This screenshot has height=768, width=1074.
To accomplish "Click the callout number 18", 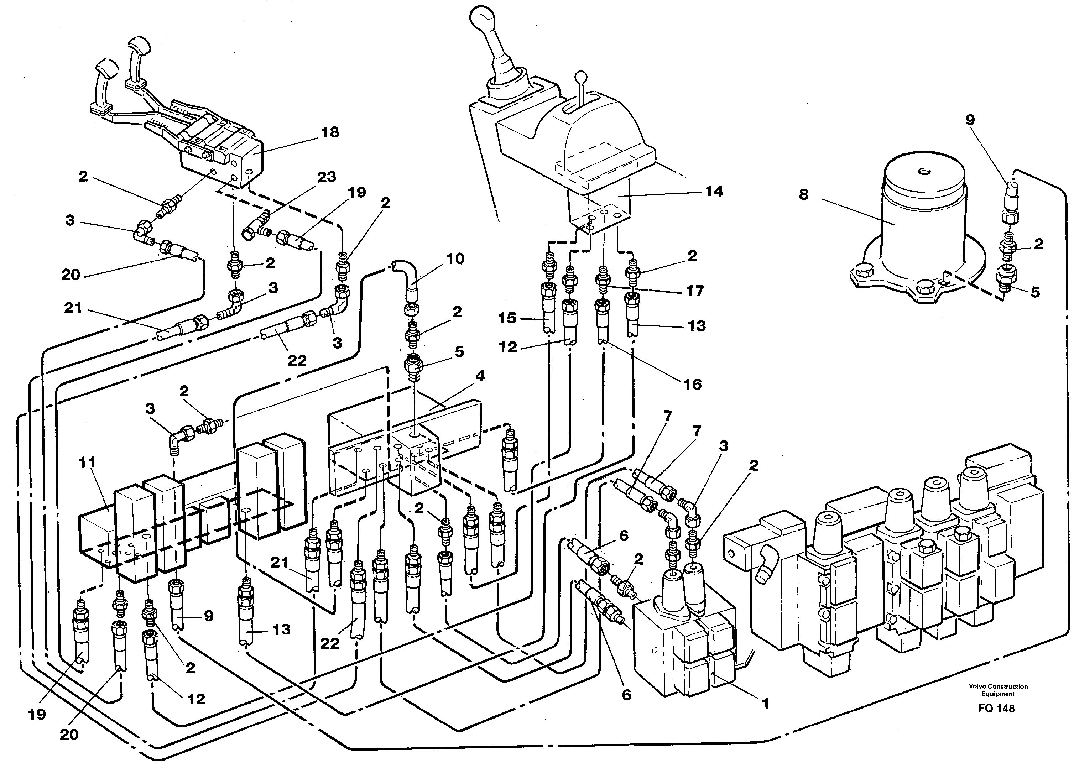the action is [x=330, y=132].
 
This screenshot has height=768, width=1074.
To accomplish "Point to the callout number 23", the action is [x=326, y=177].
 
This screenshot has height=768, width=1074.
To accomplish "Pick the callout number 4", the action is [x=480, y=376].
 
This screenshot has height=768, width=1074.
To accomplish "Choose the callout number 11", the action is [x=88, y=462].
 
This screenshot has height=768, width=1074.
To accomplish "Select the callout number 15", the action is [x=507, y=318].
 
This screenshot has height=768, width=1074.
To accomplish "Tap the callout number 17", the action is [x=695, y=291].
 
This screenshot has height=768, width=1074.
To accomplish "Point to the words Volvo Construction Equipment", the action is [x=998, y=690].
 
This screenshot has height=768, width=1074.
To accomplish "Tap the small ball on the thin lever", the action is [x=581, y=76].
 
